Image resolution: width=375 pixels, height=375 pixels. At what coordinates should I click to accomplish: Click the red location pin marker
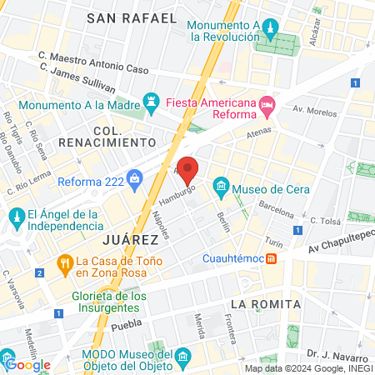188,170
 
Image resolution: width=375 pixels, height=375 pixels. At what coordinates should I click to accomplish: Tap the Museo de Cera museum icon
221,184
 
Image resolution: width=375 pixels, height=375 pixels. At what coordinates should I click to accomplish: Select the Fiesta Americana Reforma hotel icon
267,103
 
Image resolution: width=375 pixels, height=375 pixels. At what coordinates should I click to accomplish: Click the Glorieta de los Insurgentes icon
103,297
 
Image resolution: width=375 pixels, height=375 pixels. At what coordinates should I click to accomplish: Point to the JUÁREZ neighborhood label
130,239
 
